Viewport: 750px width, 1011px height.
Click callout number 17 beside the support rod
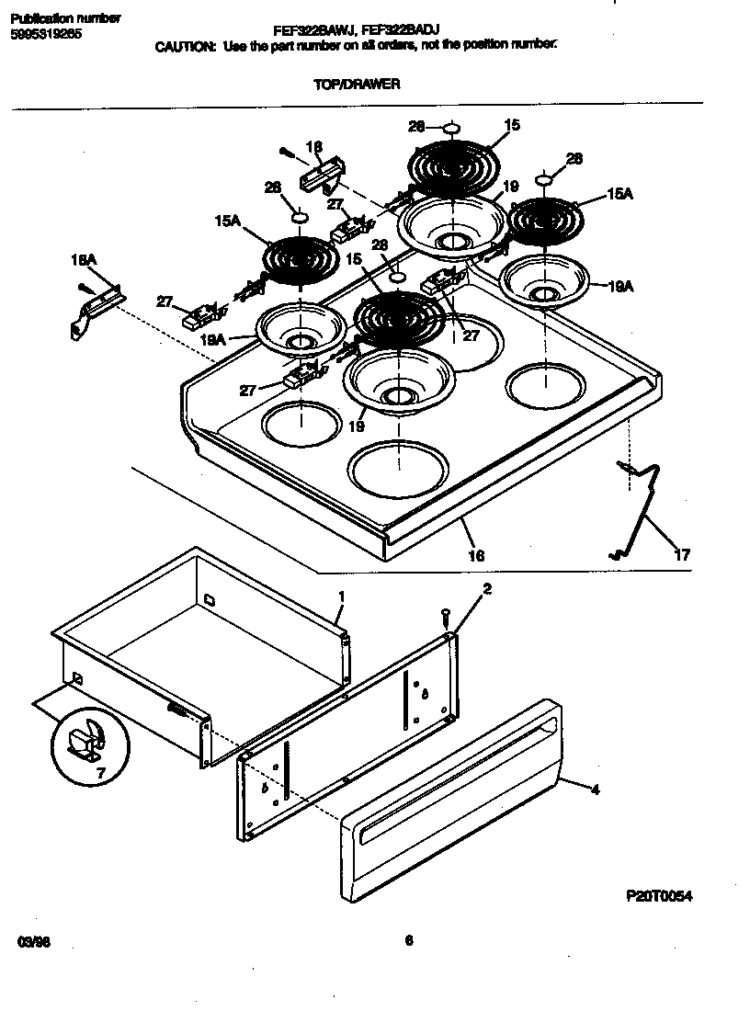point(681,554)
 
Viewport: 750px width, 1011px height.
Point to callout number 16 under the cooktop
point(476,555)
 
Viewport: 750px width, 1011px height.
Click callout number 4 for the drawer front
point(595,789)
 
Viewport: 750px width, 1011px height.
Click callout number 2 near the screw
point(487,589)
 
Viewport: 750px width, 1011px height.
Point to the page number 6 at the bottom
point(408,939)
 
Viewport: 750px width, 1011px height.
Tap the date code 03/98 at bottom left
point(32,942)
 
